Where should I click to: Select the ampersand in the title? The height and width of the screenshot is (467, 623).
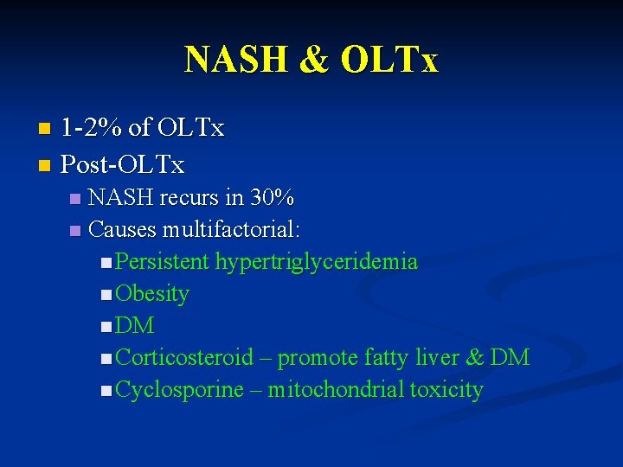click(x=316, y=60)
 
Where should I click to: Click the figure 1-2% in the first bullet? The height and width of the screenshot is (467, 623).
click(x=91, y=129)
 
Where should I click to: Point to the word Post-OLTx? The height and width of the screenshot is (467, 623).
click(x=122, y=163)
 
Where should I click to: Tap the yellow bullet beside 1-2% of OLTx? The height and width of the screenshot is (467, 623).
click(x=45, y=130)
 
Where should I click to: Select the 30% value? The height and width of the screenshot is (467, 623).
click(x=272, y=198)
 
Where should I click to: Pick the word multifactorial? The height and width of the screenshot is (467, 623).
click(x=232, y=230)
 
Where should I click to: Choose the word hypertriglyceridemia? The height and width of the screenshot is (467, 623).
click(x=317, y=262)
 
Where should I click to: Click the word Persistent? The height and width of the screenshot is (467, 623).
click(x=163, y=262)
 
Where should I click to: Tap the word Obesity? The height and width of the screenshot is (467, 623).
click(x=152, y=294)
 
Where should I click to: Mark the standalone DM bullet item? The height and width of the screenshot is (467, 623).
click(x=135, y=326)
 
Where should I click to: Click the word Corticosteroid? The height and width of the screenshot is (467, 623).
click(x=184, y=357)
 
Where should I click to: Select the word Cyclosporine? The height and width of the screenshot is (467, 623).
click(x=179, y=390)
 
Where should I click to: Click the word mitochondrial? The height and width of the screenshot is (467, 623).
click(x=336, y=390)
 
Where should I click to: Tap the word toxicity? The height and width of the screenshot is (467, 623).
click(x=446, y=390)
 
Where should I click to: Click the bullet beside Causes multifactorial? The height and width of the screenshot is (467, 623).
click(x=74, y=231)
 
